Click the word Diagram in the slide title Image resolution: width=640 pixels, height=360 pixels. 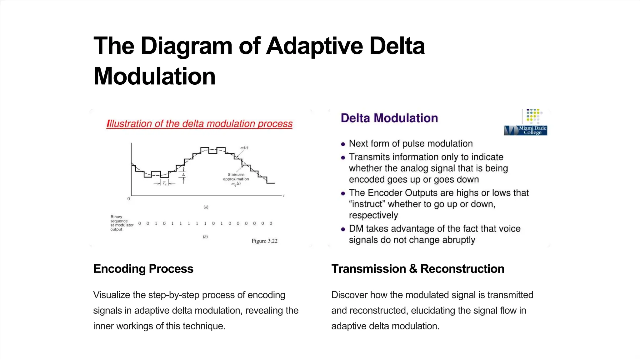click(186, 46)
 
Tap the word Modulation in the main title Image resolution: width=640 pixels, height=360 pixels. click(154, 77)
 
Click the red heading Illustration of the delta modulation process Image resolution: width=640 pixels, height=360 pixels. click(199, 124)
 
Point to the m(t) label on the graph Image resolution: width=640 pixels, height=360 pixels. click(244, 148)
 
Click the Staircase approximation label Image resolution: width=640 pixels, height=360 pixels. click(236, 177)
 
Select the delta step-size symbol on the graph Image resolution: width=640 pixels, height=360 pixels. click(183, 175)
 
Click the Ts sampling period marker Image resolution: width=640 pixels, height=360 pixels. click(164, 183)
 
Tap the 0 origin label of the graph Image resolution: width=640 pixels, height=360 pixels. click(129, 199)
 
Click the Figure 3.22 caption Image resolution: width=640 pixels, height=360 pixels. click(264, 241)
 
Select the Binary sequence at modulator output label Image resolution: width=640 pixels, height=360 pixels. click(121, 223)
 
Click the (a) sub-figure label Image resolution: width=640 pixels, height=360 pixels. click(206, 207)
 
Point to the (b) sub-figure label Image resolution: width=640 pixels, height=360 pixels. click(205, 237)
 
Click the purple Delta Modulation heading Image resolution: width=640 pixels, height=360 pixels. click(389, 118)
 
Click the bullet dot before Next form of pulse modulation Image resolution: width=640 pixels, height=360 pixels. click(343, 144)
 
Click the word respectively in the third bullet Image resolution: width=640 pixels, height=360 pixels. click(373, 215)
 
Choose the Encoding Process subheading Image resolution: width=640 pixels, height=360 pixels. click(143, 269)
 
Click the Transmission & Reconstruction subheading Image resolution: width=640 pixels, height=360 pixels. click(417, 269)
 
